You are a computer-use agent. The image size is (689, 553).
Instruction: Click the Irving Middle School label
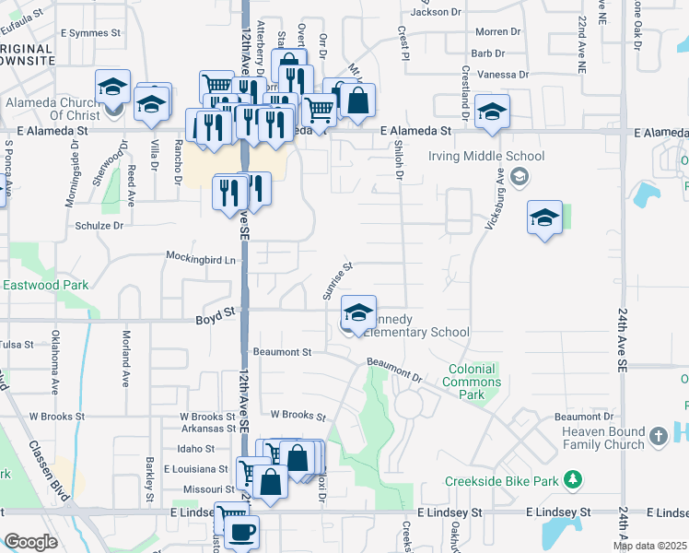(486, 157)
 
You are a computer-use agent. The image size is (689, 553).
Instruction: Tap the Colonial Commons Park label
(472, 382)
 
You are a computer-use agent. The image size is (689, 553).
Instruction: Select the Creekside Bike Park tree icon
(573, 480)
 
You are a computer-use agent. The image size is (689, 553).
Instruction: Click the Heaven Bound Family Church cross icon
(658, 433)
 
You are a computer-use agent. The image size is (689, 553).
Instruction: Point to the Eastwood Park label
(46, 286)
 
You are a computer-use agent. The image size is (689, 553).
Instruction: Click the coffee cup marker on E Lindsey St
(241, 532)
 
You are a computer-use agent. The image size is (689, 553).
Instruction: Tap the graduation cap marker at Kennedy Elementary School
(358, 312)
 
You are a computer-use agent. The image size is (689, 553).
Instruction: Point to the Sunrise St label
(337, 280)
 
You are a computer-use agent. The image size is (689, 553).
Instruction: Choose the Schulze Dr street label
(99, 225)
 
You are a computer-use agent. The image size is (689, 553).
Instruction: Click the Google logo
(30, 542)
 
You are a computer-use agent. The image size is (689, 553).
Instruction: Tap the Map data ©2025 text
(649, 546)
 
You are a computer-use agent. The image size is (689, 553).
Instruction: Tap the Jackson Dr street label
(436, 12)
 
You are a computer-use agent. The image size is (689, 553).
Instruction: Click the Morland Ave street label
(124, 359)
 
